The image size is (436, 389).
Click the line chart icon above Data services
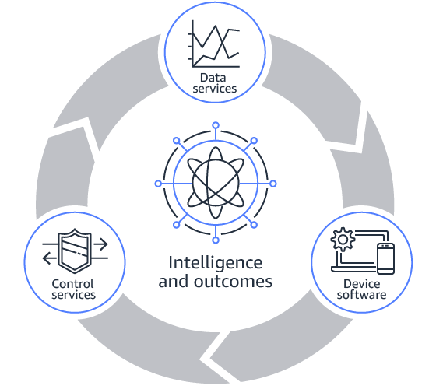[x=213, y=44]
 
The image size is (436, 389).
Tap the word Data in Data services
[x=213, y=78]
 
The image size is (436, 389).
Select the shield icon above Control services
[x=75, y=251]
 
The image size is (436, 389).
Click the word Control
[x=72, y=284]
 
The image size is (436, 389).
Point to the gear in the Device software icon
[x=343, y=240]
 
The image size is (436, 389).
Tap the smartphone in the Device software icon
[x=385, y=258]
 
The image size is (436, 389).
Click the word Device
[x=361, y=284]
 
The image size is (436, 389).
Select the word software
[x=361, y=295]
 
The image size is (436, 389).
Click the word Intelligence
[x=215, y=263]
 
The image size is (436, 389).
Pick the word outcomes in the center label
[x=233, y=282]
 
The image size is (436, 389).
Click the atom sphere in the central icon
[x=216, y=184]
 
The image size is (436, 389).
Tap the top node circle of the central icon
[x=216, y=125]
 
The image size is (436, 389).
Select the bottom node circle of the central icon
[x=216, y=240]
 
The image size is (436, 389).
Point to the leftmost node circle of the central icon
[x=158, y=184]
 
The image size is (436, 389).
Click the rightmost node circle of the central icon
[x=273, y=184]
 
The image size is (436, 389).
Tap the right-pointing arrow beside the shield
[x=100, y=244]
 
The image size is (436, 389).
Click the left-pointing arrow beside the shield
[x=50, y=258]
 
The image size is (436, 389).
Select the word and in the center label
[x=174, y=282]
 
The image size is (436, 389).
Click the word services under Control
[x=73, y=295]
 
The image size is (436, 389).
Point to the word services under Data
[x=214, y=89]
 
